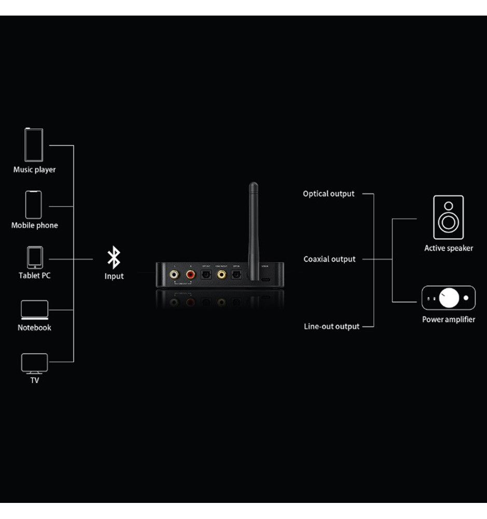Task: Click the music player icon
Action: [34, 145]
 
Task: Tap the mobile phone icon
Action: [34, 204]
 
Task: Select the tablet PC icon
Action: [35, 257]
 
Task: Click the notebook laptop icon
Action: [34, 309]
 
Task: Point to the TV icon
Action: [34, 363]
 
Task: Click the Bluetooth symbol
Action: [114, 258]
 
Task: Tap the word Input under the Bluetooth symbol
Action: [114, 276]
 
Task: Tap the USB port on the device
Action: [265, 279]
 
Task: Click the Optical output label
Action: [329, 194]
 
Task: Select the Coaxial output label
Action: [330, 259]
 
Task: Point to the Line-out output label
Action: [331, 326]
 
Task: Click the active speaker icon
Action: [448, 217]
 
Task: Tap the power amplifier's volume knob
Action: [449, 298]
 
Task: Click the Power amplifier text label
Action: [448, 319]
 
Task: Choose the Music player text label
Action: [34, 170]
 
